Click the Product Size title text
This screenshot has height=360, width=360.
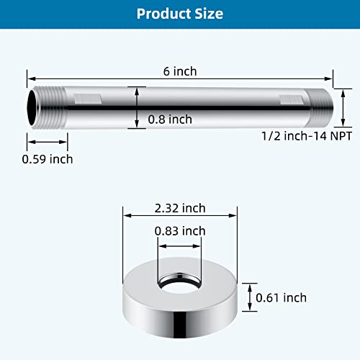tap(179, 14)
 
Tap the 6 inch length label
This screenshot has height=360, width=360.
tap(180, 71)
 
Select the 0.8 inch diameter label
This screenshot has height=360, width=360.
tap(170, 120)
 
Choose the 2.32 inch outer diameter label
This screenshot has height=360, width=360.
tap(181, 208)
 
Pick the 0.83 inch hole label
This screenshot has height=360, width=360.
tap(181, 230)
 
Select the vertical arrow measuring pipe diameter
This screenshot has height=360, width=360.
tap(135, 107)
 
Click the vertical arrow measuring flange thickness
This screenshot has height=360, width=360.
tap(248, 297)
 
